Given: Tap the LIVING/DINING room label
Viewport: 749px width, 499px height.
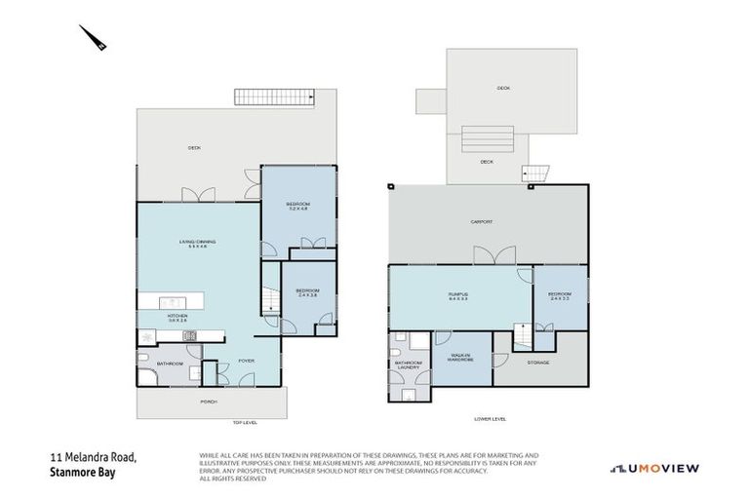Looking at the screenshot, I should tap(197, 244).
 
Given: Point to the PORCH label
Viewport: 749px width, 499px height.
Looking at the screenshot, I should tap(208, 401).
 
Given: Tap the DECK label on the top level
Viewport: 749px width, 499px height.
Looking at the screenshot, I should tap(194, 148).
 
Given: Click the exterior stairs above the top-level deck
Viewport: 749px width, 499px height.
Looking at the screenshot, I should tap(274, 97).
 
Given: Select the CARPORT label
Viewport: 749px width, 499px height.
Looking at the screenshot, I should tap(482, 222).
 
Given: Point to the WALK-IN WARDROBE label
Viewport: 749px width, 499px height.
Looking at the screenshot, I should tap(462, 359).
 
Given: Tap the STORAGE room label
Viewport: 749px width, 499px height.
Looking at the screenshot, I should tap(538, 363).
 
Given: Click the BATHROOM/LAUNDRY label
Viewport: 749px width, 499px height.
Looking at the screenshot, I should tap(408, 365).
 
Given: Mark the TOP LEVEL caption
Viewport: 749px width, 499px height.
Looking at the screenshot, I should tap(244, 423).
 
